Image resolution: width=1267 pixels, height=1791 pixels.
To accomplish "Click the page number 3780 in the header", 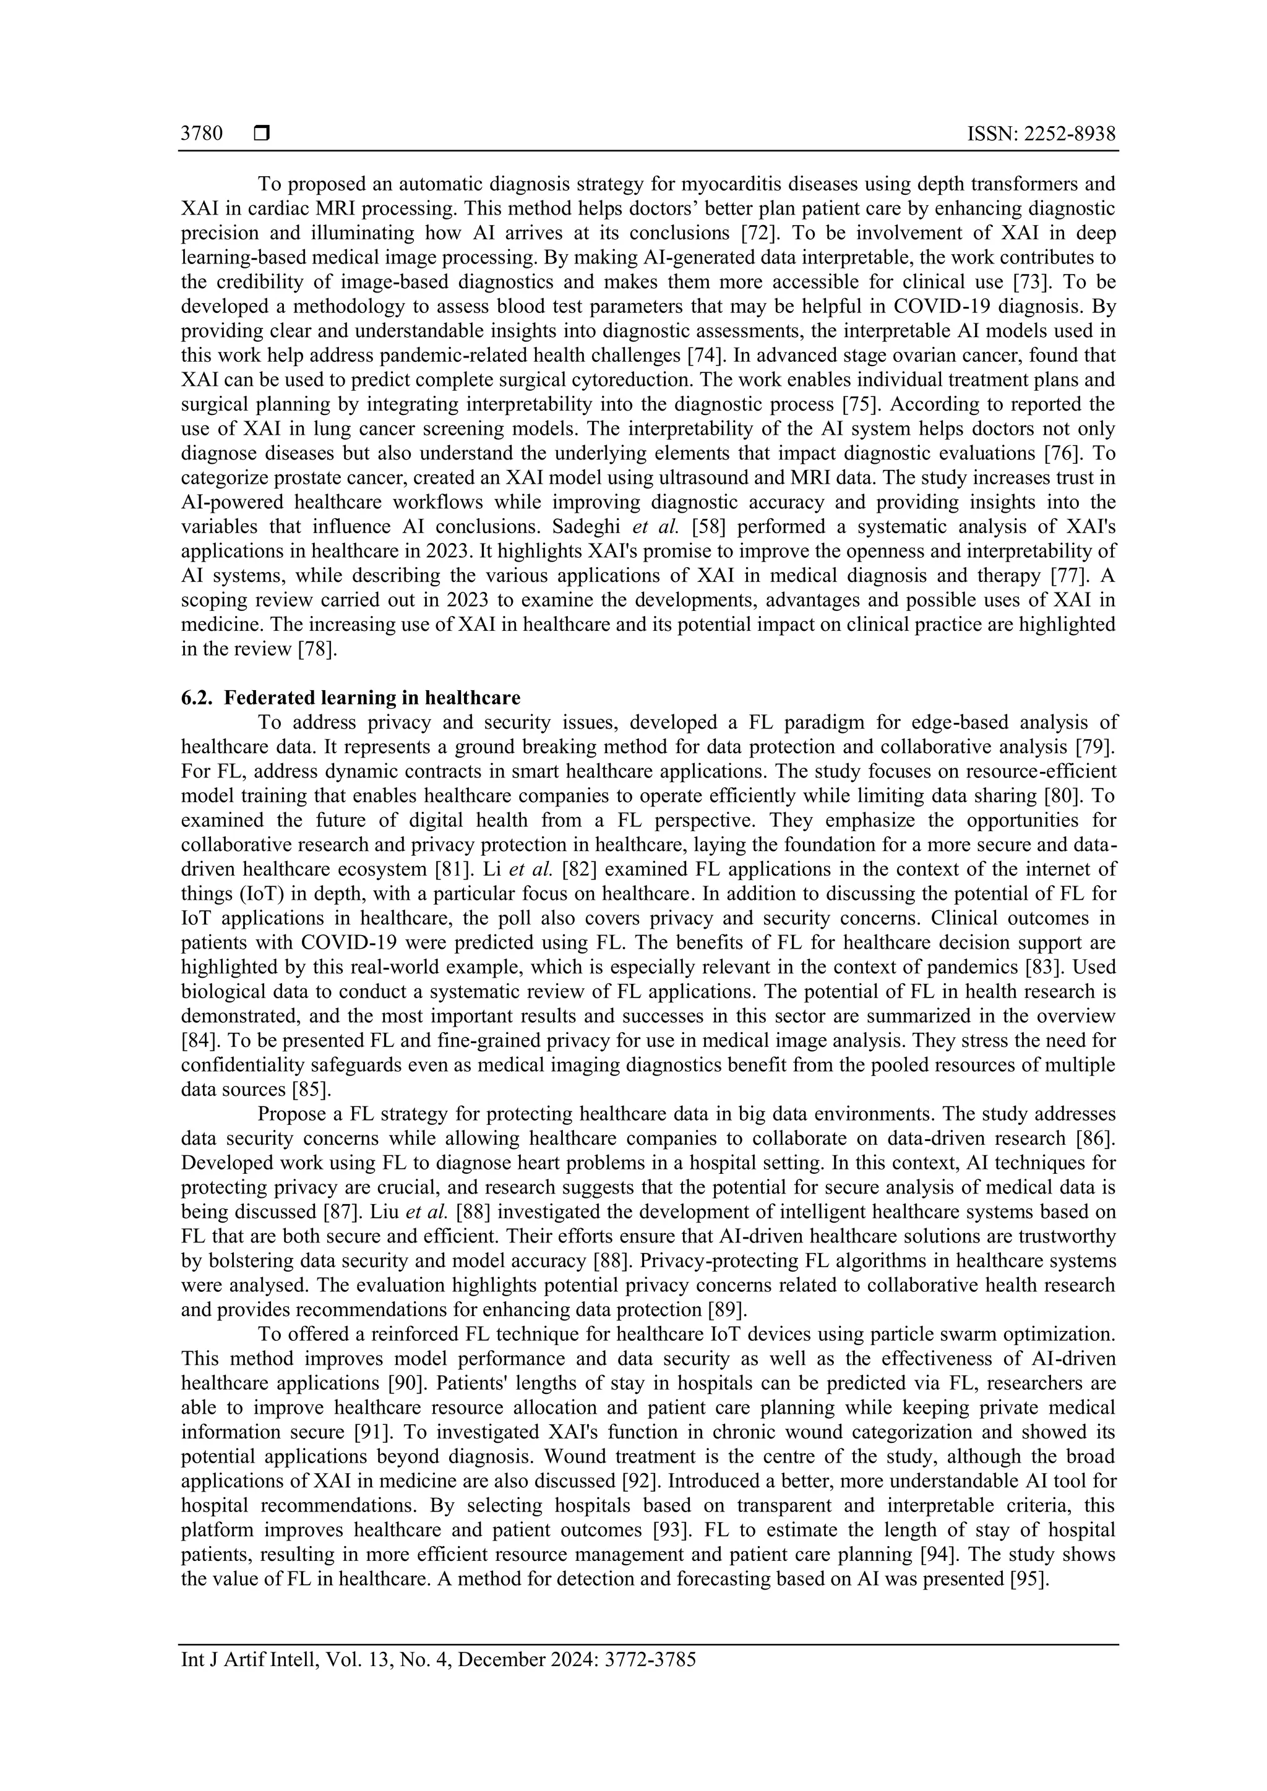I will coord(201,134).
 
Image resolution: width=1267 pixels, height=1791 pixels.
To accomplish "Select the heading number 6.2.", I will coord(197,698).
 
